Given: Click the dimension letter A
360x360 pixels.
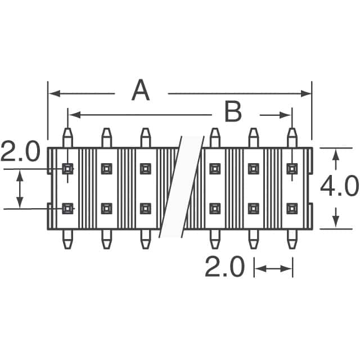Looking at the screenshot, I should (141, 91).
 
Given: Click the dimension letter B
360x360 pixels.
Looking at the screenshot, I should (232, 112).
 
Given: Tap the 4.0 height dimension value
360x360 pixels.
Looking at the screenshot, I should (339, 187).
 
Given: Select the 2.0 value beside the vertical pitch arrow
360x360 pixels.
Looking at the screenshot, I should (20, 152).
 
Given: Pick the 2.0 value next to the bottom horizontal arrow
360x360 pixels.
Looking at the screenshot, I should (224, 268).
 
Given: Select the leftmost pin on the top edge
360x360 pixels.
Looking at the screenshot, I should (67, 138).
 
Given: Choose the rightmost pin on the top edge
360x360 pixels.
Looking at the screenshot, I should (292, 138).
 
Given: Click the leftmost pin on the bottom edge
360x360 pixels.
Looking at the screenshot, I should (67, 238).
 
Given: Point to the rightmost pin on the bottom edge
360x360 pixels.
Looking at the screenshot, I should (292, 238).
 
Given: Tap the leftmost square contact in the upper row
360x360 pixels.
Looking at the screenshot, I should (67, 168).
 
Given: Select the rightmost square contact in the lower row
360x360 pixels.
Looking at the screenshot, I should (292, 209).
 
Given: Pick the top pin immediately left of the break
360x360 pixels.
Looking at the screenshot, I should (145, 138).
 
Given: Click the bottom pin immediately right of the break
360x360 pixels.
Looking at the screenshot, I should (214, 238).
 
